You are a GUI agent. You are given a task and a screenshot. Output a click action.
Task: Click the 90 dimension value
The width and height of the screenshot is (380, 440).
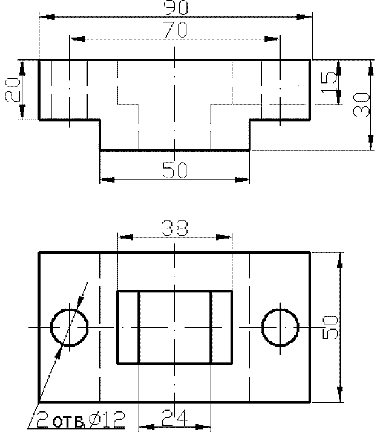click(x=176, y=7)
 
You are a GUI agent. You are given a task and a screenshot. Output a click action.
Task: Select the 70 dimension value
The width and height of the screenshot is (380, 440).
click(x=176, y=29)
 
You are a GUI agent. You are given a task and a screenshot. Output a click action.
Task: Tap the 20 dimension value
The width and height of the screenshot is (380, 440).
click(x=12, y=90)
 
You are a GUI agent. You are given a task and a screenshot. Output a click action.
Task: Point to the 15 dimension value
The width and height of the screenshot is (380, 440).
click(x=328, y=84)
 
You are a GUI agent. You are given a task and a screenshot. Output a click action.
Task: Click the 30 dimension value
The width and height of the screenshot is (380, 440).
click(x=361, y=105)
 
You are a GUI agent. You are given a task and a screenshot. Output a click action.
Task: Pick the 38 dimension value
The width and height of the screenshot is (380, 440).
click(x=175, y=228)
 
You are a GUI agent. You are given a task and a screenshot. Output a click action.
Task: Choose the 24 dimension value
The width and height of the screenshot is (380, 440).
click(x=175, y=418)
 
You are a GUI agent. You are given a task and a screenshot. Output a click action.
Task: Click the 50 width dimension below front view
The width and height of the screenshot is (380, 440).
click(x=175, y=170)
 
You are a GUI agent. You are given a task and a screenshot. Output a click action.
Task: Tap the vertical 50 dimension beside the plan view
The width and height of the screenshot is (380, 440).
click(x=330, y=328)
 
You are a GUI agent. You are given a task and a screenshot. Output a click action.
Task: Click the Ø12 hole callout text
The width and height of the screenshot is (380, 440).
click(x=107, y=420)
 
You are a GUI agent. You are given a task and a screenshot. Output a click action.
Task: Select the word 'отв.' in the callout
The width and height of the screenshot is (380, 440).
click(x=68, y=422)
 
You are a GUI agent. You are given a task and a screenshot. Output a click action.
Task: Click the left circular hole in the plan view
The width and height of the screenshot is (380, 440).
click(x=51, y=328)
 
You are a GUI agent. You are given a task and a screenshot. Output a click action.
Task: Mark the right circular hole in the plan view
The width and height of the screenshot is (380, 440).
click(x=261, y=328)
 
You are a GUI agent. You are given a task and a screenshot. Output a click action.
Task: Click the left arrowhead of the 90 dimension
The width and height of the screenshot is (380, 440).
click(x=47, y=17)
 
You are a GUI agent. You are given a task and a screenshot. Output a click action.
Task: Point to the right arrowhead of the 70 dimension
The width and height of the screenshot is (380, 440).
click(x=272, y=39)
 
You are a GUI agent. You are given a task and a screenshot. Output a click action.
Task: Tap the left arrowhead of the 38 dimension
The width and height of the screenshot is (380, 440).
click(x=126, y=237)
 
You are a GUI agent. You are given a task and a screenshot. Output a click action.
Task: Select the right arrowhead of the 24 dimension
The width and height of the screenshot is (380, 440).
click(x=203, y=427)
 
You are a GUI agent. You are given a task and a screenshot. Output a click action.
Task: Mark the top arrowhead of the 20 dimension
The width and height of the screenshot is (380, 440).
click(x=22, y=68)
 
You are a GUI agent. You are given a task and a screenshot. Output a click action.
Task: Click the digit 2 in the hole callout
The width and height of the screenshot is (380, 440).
click(x=42, y=420)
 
